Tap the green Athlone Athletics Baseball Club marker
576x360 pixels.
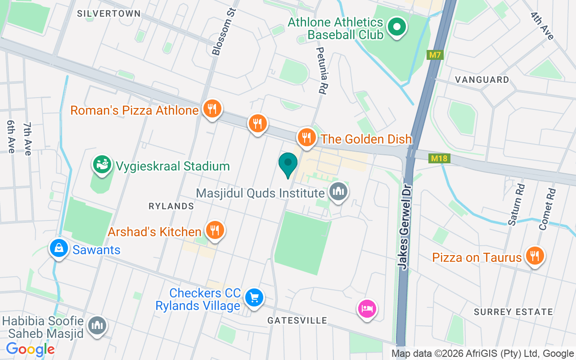tap(396, 27)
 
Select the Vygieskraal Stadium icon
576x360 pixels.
tap(102, 165)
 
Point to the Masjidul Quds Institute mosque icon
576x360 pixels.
tap(338, 192)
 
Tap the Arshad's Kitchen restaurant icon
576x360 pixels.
tap(215, 230)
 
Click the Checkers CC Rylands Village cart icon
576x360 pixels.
tap(254, 297)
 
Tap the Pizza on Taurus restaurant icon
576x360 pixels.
tap(534, 256)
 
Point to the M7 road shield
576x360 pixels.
tap(435, 55)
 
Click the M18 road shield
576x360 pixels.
tap(439, 158)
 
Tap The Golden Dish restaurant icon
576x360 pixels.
tap(306, 137)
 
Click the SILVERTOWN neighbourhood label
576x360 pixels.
tap(109, 13)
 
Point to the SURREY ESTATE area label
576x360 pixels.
tap(513, 312)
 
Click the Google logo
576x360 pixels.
tap(30, 349)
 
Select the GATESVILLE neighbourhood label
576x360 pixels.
tap(297, 320)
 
